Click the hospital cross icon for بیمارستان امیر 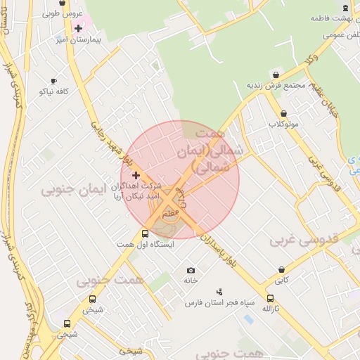point(77,29)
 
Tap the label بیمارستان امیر point(79,40)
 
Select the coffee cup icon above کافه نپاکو point(54,82)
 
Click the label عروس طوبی point(63,13)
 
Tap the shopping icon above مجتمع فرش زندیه point(276,75)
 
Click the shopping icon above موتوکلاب point(283,113)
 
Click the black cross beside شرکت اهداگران point(136,175)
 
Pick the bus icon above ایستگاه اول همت point(145,233)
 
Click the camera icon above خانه point(191,270)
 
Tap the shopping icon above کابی point(281,269)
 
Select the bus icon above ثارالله point(271,299)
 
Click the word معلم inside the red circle point(170,212)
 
